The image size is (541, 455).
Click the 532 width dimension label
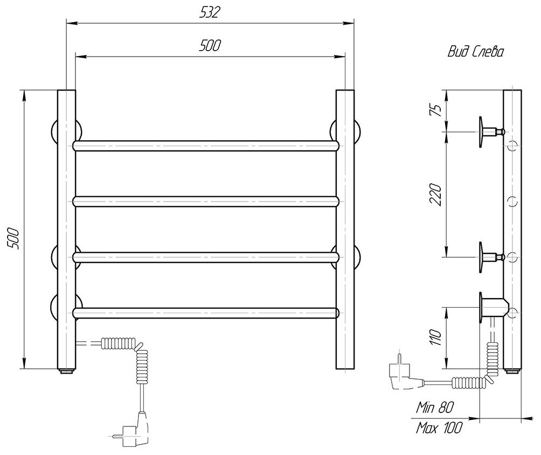coord(210,13)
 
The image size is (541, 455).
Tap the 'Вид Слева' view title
coord(476,52)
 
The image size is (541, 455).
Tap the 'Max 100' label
coord(439,429)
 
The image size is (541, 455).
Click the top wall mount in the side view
coord(488,131)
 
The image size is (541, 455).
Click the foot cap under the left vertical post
coord(66,371)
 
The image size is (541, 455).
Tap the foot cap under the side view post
coord(512,371)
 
